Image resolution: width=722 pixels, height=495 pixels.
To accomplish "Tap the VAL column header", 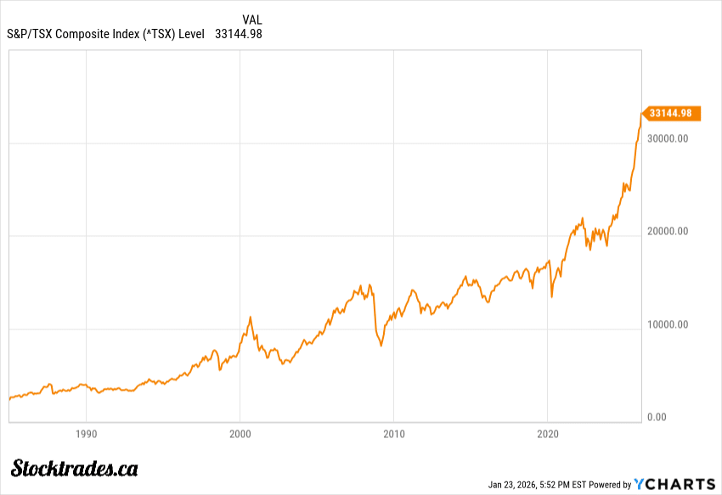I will (x=252, y=20).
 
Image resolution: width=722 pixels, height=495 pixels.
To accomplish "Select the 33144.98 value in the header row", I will (x=239, y=35).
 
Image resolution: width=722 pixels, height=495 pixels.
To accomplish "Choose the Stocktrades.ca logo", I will (x=76, y=468).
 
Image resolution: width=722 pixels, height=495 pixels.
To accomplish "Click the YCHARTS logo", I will (x=675, y=484).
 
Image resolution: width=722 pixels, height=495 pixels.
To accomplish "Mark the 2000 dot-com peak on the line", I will (x=251, y=317).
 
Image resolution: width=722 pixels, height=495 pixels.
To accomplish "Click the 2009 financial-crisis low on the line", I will (x=381, y=346).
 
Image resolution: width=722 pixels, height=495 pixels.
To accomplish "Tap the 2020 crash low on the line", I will (x=552, y=297).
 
